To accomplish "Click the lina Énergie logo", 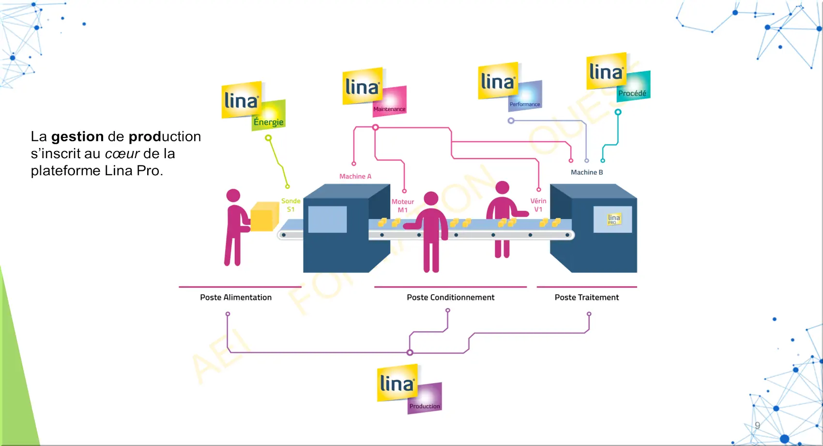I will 253,106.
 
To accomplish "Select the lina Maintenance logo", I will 374,92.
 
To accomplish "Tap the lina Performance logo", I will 510,86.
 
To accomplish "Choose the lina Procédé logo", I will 618,77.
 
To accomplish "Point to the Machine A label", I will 355,177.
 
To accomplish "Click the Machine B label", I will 587,172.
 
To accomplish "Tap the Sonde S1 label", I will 290,205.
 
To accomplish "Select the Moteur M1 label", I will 403,206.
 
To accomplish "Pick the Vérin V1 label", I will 538,205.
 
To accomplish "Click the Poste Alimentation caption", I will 236,297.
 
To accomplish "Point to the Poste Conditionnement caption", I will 450,297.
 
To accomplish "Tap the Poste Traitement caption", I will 587,297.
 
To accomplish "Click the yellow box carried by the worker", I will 264,216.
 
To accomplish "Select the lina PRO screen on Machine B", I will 613,219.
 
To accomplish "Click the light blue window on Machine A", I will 327,219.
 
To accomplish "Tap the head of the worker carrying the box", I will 233,195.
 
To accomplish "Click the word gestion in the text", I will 77,137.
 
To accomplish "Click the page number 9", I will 757,426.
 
